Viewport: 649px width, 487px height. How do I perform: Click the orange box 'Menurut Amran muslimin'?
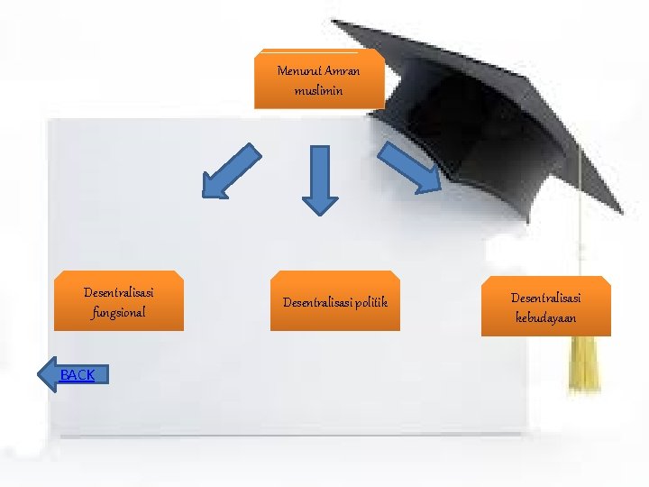[x=319, y=80]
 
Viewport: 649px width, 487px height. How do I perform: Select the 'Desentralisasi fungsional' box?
[x=119, y=301]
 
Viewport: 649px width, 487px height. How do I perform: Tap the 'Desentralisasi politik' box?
[x=335, y=301]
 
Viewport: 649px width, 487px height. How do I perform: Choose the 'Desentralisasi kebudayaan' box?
[x=545, y=307]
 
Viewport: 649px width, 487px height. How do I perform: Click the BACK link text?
[x=78, y=374]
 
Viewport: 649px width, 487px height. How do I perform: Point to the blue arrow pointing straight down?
[x=319, y=179]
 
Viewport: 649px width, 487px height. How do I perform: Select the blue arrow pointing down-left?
[x=229, y=171]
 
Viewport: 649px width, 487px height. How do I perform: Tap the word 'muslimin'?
[x=318, y=91]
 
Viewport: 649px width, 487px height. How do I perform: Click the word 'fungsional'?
[x=118, y=313]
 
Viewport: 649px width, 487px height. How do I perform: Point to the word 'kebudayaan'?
[x=546, y=317]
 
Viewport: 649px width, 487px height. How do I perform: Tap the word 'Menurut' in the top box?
[x=299, y=71]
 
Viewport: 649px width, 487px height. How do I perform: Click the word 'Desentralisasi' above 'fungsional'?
[x=118, y=292]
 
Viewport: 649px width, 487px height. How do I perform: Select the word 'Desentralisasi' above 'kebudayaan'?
[x=546, y=297]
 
